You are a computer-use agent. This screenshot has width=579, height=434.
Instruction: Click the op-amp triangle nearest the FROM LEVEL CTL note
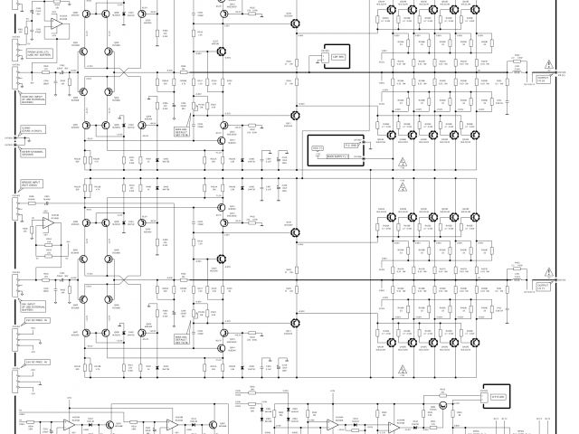point(53,28)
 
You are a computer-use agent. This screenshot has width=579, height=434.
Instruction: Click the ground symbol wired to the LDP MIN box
point(313,64)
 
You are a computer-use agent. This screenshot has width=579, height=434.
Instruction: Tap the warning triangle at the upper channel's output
point(547,64)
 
